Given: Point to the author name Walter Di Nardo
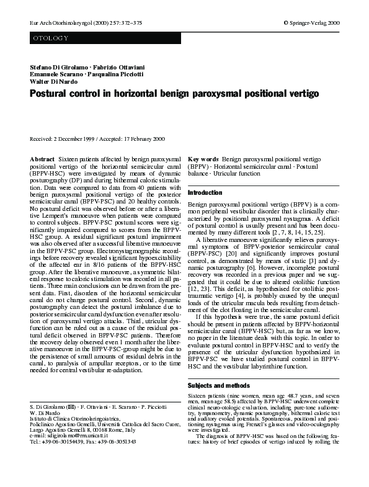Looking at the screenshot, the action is point(53,81).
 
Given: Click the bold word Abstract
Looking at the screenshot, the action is point(42,160).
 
